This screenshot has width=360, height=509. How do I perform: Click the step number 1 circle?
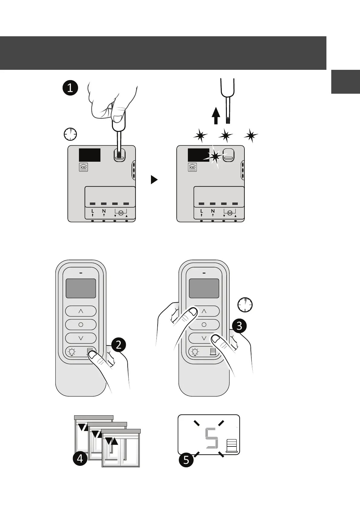click(x=70, y=88)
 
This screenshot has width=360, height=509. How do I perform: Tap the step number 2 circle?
click(x=119, y=345)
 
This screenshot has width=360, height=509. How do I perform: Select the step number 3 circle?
click(x=239, y=326)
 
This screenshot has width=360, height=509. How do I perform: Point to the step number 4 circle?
click(x=80, y=459)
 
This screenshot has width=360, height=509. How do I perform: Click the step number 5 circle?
click(x=186, y=460)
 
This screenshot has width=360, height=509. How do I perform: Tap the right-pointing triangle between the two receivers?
click(x=154, y=180)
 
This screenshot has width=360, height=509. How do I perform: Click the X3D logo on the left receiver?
click(x=83, y=167)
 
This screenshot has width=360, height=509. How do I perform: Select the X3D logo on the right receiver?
click(x=192, y=167)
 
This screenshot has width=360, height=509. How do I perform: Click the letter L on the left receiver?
click(x=93, y=211)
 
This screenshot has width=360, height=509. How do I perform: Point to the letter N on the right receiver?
click(x=213, y=211)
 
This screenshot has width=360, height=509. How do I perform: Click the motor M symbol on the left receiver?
click(x=121, y=213)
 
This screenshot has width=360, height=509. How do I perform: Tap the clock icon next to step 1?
click(x=70, y=134)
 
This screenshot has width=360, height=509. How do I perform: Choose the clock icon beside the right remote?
click(x=245, y=305)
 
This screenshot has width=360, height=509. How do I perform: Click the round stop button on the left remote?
click(x=81, y=325)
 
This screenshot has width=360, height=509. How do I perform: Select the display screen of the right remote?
click(x=204, y=288)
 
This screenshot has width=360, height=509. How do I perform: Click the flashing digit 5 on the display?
click(x=211, y=438)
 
